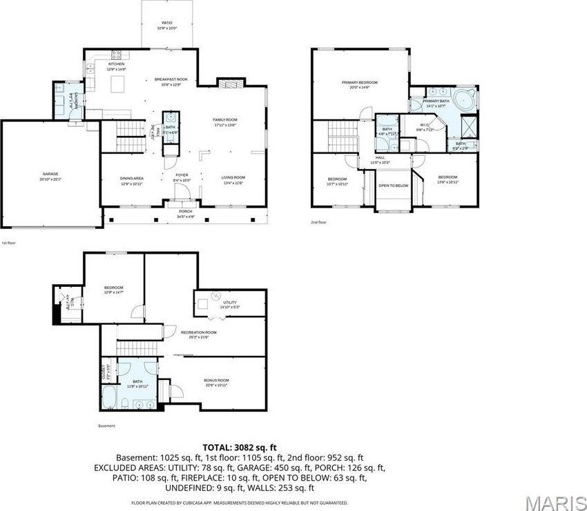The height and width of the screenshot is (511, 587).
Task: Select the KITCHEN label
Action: point(116,64)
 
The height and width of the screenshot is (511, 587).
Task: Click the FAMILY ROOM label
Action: point(224,120)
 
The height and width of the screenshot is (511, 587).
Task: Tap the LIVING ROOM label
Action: point(233,177)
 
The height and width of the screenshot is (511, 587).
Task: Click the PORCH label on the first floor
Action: point(185,211)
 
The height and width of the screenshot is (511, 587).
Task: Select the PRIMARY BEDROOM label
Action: point(360,82)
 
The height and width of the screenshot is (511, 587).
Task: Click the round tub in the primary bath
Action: point(465,100)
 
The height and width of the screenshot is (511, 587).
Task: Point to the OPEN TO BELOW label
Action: point(394,186)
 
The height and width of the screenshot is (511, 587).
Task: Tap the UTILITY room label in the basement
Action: point(230,301)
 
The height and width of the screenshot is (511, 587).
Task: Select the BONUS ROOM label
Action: point(216,381)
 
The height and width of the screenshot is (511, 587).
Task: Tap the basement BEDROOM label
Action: point(113,288)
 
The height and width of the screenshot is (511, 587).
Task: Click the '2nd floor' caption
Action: point(318,222)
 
